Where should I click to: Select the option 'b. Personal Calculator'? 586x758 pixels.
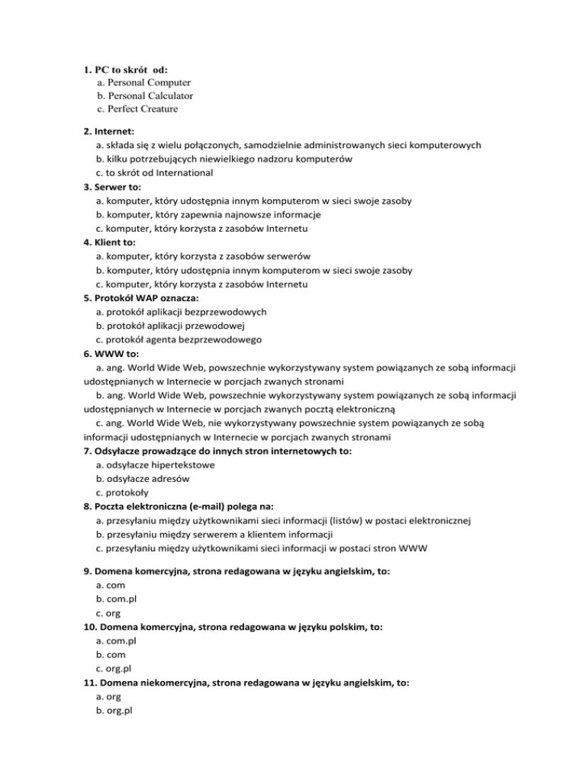145,95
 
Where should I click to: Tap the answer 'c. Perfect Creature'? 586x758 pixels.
137,109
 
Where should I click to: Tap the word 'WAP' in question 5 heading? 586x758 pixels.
147,298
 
